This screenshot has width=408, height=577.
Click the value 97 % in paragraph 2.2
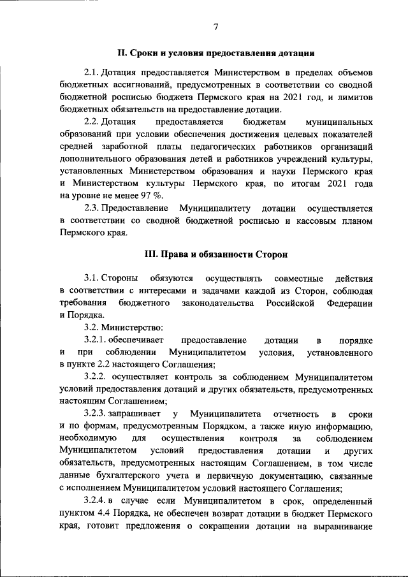click(151, 195)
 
